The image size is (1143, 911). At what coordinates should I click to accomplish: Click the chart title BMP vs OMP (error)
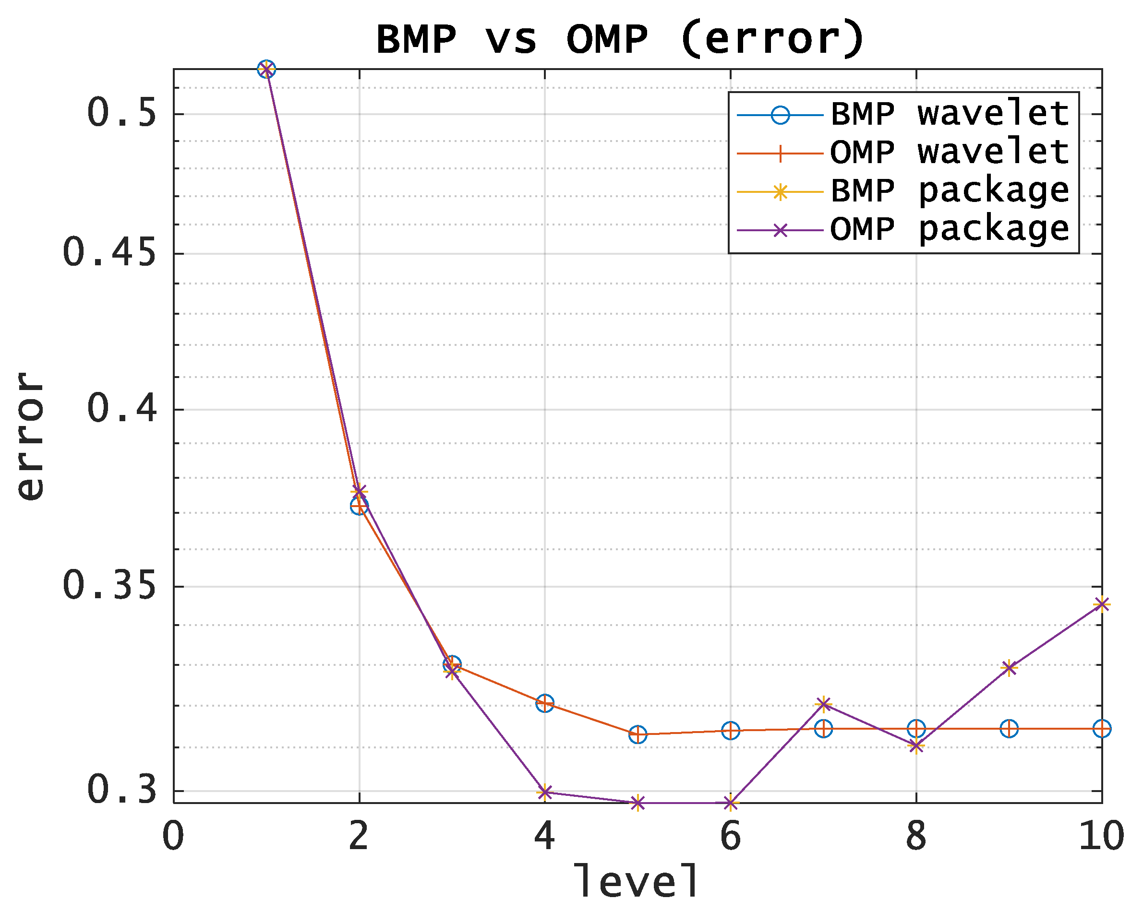click(x=620, y=39)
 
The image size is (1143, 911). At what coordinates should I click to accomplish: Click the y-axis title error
click(x=30, y=436)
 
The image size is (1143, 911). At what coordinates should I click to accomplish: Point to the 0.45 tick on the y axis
click(x=110, y=253)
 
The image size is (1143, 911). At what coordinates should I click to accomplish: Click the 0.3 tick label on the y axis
click(x=122, y=790)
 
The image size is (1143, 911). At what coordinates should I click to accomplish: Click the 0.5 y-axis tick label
click(x=122, y=113)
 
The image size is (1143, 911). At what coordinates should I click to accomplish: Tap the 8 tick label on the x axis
click(x=916, y=837)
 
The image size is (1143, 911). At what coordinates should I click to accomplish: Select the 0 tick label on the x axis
click(x=173, y=837)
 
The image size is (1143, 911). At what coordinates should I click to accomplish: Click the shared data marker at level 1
click(x=266, y=69)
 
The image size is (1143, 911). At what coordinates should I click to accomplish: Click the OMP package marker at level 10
click(x=1102, y=604)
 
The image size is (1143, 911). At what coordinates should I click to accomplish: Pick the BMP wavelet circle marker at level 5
click(x=638, y=734)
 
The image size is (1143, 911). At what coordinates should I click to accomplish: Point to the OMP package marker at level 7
click(x=823, y=704)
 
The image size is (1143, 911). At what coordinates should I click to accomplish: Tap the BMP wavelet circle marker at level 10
click(x=1102, y=729)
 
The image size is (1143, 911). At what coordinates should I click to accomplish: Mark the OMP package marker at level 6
click(x=731, y=804)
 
